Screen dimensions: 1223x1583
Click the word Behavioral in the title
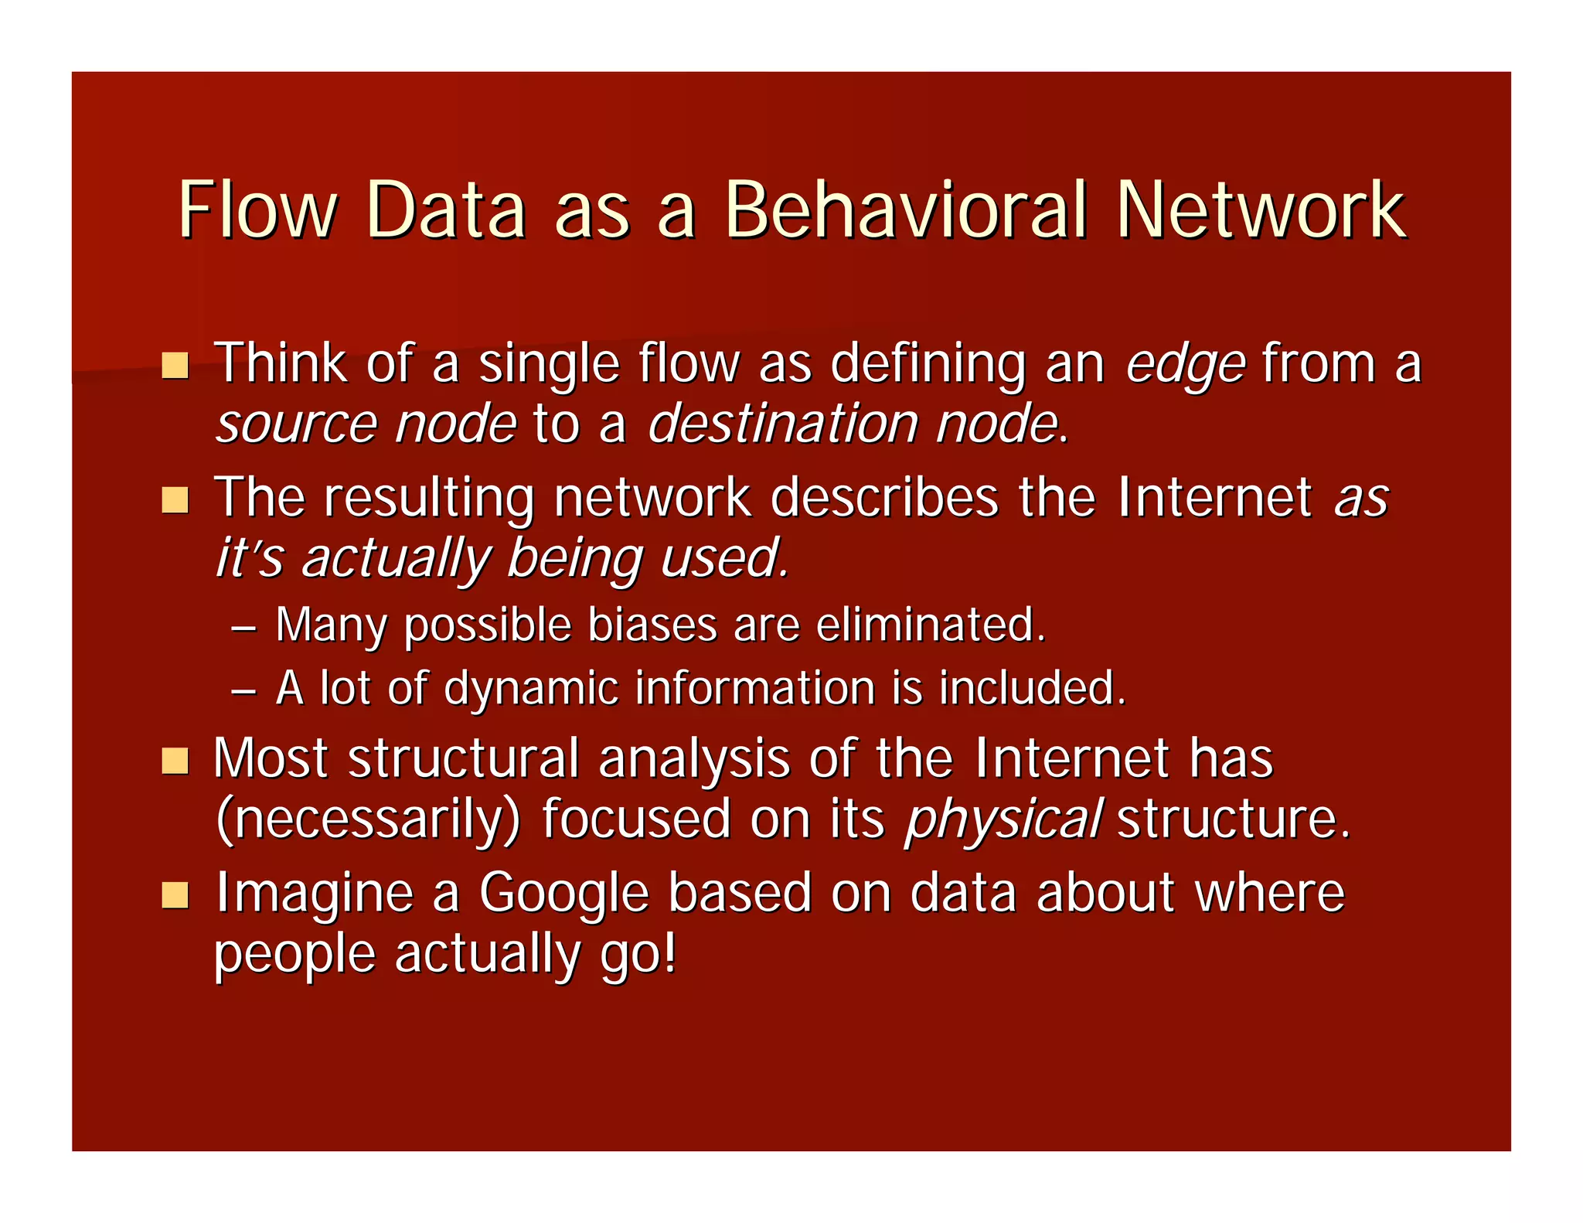click(x=905, y=210)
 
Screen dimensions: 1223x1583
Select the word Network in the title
click(x=1261, y=210)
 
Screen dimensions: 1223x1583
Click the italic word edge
click(x=1185, y=364)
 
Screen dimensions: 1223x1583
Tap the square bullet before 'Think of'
click(x=175, y=365)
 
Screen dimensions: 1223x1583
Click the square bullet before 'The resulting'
click(x=175, y=499)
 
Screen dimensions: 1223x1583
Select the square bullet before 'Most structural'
click(x=175, y=761)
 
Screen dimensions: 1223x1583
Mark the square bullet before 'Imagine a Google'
click(x=175, y=895)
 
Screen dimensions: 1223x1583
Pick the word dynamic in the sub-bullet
click(x=531, y=689)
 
